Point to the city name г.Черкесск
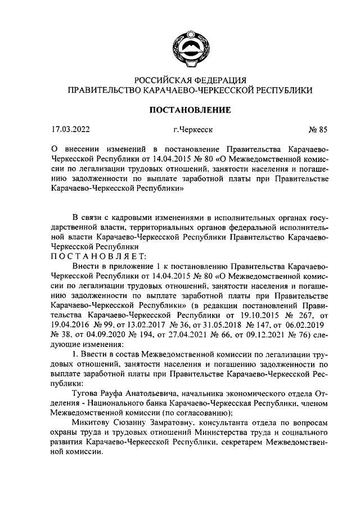coord(192,131)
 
